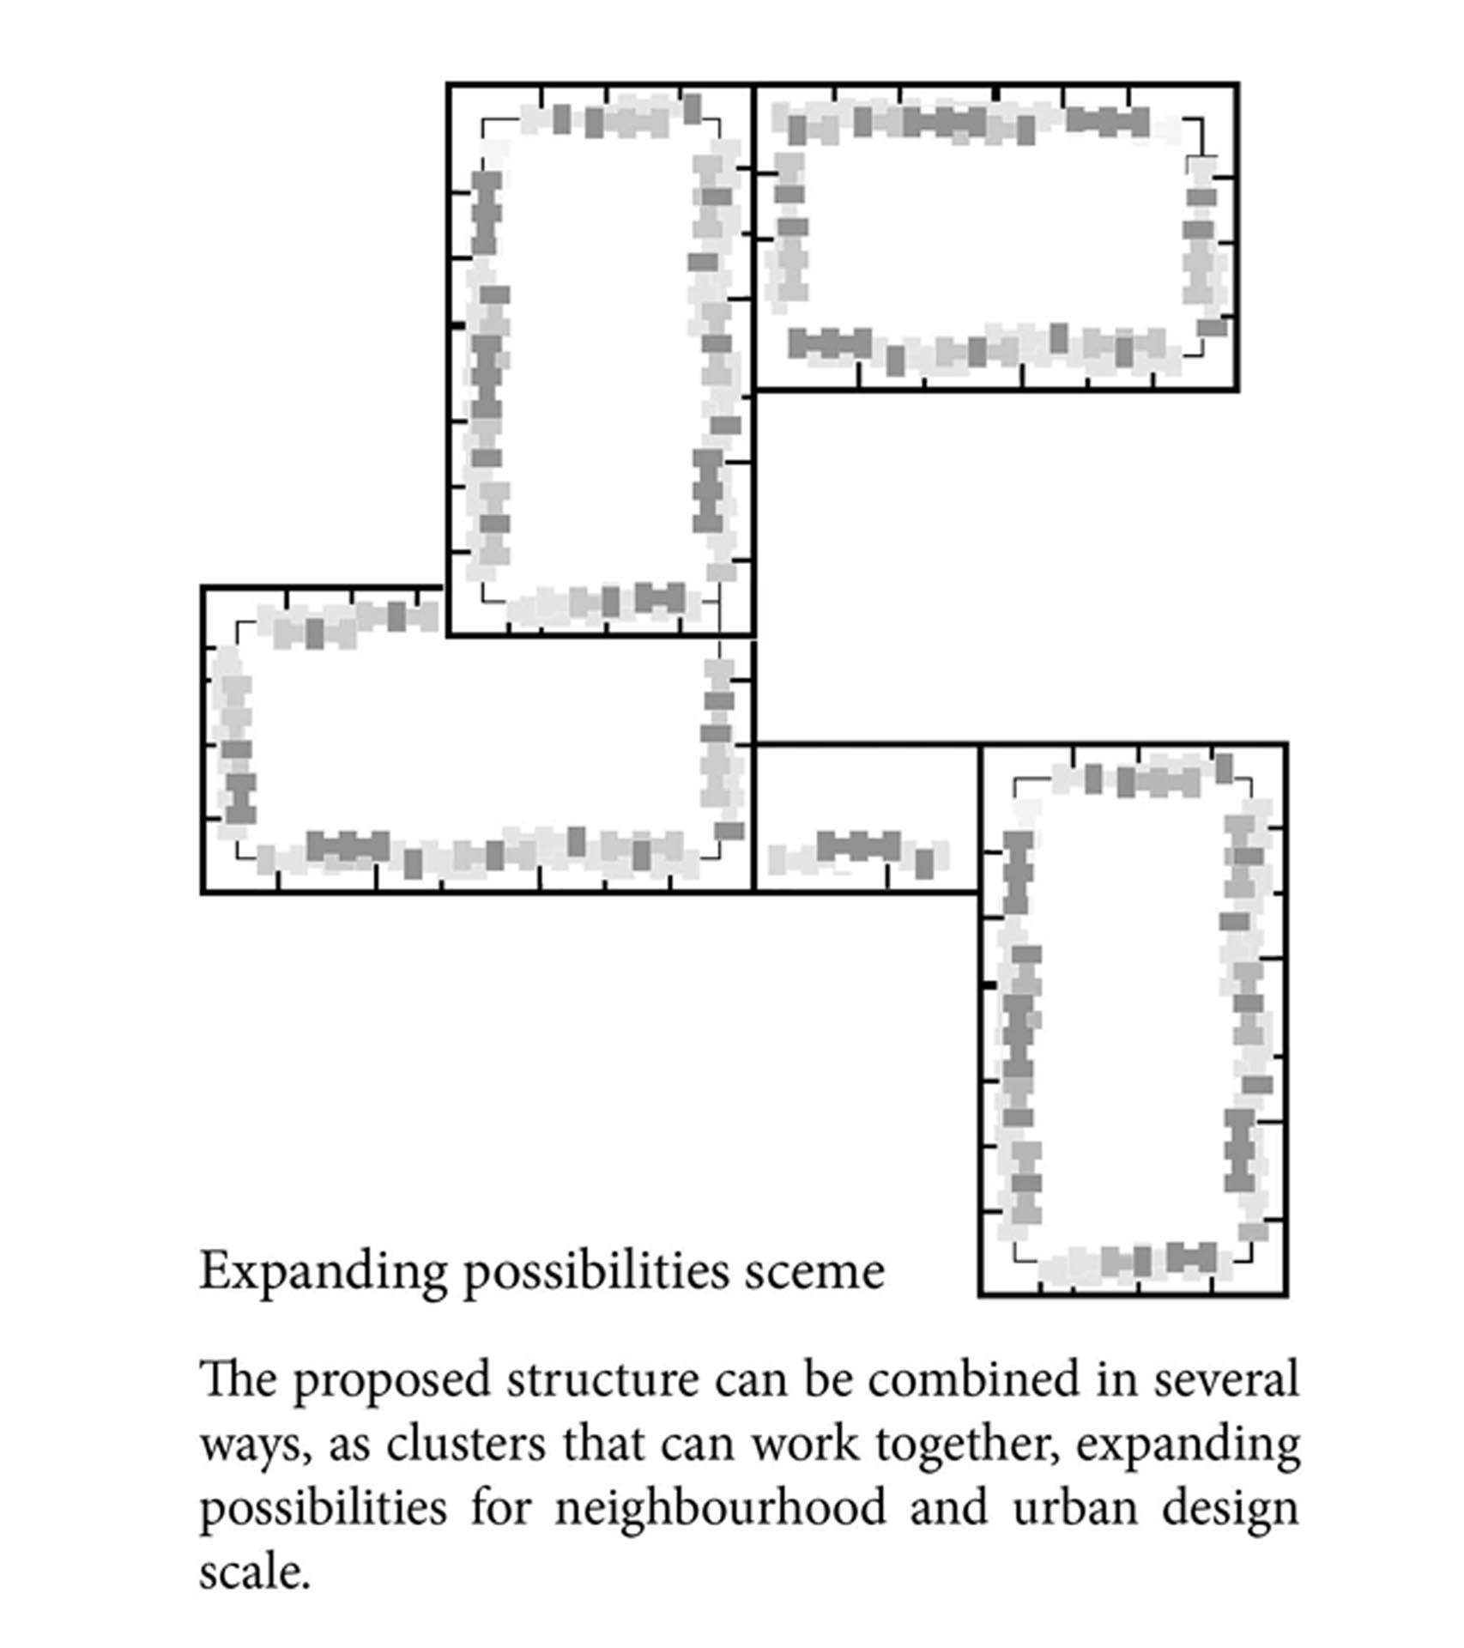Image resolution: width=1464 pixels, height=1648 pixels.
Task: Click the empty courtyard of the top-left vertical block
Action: pos(601,360)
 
